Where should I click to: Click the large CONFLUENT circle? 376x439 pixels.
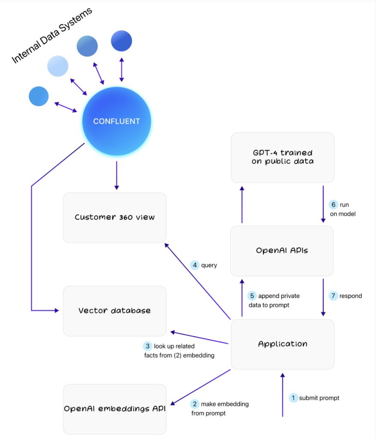[x=117, y=121]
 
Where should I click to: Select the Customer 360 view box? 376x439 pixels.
[x=114, y=217]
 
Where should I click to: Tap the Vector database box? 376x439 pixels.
[x=114, y=311]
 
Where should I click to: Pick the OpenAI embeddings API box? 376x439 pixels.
[x=114, y=409]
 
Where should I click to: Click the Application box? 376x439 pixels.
[x=283, y=344]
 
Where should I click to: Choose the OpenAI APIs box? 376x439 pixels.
[x=282, y=251]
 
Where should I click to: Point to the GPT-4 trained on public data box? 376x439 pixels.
[x=283, y=157]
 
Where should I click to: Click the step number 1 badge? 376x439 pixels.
[x=293, y=398]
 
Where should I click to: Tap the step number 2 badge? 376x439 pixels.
[x=195, y=404]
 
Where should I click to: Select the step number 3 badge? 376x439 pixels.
[x=147, y=346]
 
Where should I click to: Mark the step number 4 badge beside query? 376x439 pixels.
[x=195, y=265]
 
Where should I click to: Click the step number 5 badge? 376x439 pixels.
[x=253, y=296]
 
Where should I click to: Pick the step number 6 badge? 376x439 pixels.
[x=334, y=204]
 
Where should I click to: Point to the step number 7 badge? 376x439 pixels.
[x=334, y=296]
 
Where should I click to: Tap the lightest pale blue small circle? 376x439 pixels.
[x=57, y=66]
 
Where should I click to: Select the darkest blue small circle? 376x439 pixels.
[x=121, y=41]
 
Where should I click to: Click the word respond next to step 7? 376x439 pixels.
[x=351, y=296]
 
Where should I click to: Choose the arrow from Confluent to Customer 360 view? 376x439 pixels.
[x=116, y=176]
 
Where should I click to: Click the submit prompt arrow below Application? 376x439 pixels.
[x=282, y=394]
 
